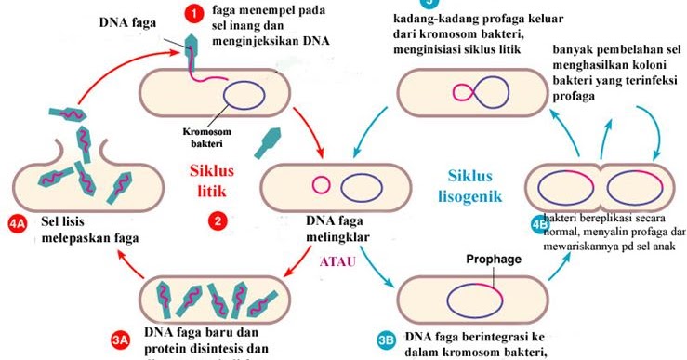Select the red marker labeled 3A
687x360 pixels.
(119, 340)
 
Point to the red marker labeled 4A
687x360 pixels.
(17, 223)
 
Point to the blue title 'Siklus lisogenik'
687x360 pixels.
(469, 185)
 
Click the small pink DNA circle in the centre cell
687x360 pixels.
(322, 184)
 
